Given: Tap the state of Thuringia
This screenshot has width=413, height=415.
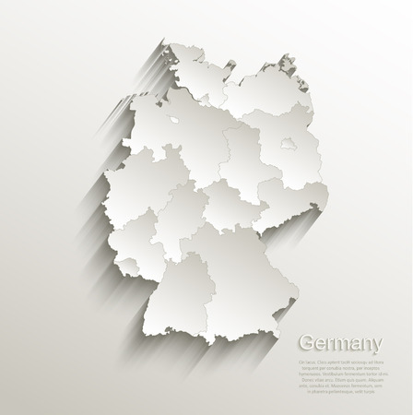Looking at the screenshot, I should coord(230,198).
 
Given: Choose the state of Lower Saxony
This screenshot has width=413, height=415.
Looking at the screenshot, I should coord(175,138).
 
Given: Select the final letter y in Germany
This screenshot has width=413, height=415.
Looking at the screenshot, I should coord(377,348).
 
